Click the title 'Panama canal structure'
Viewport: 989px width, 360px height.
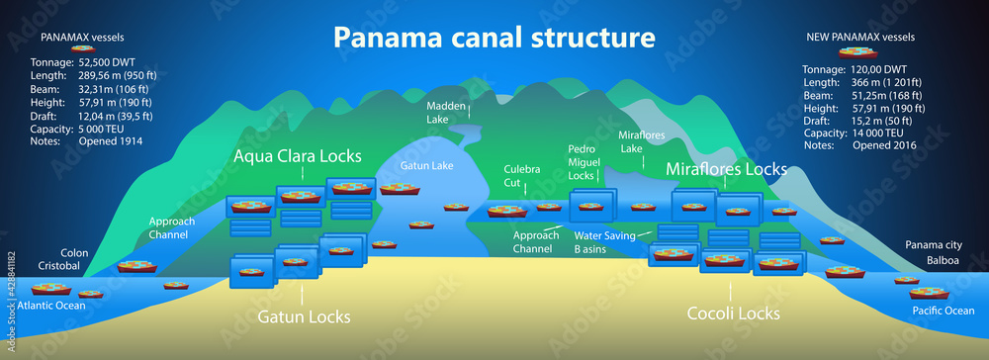494,38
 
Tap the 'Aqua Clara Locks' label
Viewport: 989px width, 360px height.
297,156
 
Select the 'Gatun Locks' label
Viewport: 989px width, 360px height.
304,316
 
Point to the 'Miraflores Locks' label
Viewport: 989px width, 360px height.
726,169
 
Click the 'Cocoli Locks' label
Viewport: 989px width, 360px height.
733,314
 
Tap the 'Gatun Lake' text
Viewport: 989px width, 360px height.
427,165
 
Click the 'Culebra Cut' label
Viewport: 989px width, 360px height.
522,176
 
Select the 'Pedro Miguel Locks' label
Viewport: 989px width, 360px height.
583,161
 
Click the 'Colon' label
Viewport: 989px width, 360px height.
74,253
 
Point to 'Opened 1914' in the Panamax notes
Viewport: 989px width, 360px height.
108,141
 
